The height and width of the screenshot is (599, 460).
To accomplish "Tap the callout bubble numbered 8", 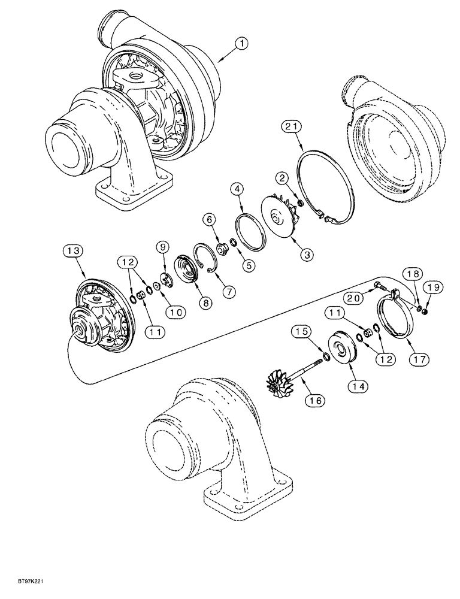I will coord(205,303).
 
